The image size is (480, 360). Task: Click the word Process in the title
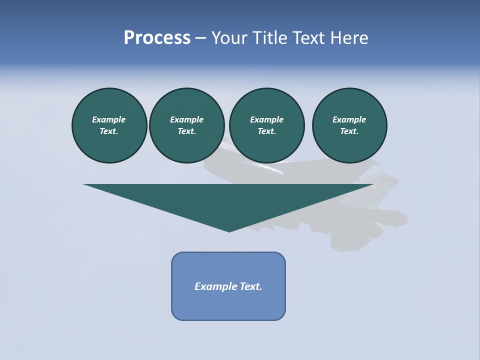click(x=157, y=38)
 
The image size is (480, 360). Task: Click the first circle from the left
click(x=109, y=125)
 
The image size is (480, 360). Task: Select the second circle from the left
click(x=187, y=125)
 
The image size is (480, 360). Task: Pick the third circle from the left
click(x=266, y=125)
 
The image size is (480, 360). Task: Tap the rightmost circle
click(x=349, y=125)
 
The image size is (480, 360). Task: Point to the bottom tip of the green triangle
click(x=229, y=231)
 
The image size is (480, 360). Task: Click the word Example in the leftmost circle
click(x=109, y=119)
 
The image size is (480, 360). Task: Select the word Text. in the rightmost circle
click(x=349, y=131)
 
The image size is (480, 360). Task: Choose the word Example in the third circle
click(x=266, y=119)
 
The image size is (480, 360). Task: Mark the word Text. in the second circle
click(x=187, y=131)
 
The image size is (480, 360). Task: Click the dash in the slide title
click(x=200, y=38)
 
